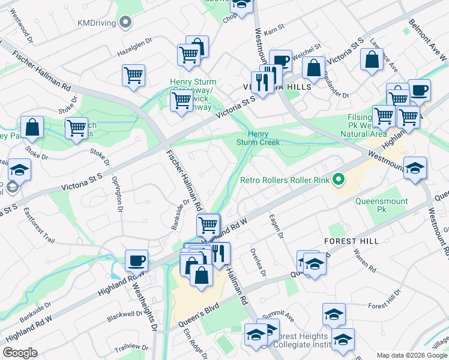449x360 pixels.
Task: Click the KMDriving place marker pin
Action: coord(125,23)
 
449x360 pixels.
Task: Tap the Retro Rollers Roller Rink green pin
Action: coord(339,179)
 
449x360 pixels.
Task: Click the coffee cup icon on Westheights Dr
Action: coord(137,261)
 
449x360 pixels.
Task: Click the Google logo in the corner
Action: coord(20,353)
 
